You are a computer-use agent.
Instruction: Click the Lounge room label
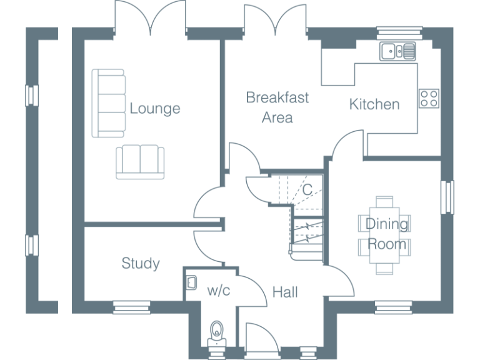coord(154,109)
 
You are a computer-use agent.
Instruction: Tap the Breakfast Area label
coord(277,107)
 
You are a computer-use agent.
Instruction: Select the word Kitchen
coord(374,104)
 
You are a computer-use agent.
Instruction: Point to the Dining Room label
coord(386,234)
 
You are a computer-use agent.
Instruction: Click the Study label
coord(140,264)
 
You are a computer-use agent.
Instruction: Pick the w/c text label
coord(219,290)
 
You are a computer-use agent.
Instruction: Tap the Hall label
coord(285,292)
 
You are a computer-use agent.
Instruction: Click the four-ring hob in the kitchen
coord(429,98)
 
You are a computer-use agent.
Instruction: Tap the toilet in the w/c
coord(217,332)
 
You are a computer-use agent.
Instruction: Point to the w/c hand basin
coord(191,282)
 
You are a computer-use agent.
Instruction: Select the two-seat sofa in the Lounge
coord(140,161)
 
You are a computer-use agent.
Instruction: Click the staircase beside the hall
coord(306,231)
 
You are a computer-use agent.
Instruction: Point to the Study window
coord(132,306)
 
